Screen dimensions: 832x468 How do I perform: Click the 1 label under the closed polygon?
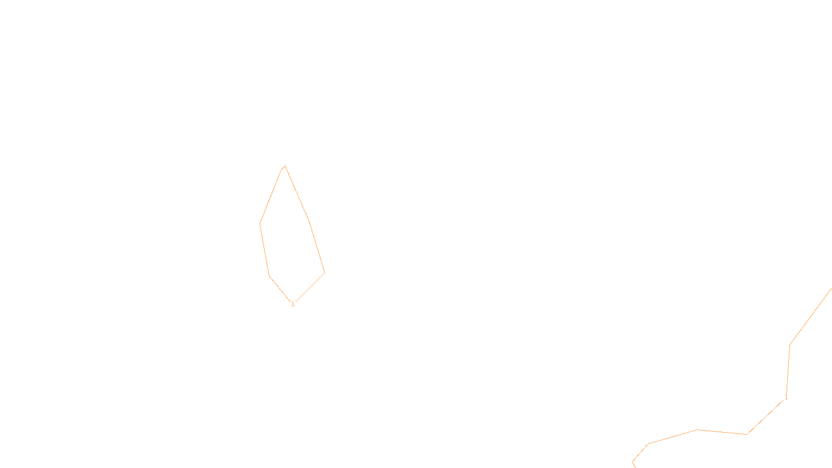(x=293, y=304)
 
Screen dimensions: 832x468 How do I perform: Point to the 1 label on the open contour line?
(x=786, y=397)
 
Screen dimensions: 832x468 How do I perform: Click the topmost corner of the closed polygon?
(x=285, y=166)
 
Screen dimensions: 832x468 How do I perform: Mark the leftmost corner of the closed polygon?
(x=260, y=224)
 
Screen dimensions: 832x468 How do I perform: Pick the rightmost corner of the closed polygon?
(x=324, y=272)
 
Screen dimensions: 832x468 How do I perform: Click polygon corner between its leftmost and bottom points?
(x=269, y=276)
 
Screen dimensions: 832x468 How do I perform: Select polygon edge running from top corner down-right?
(x=297, y=193)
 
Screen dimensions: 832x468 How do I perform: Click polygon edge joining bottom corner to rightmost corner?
(x=309, y=288)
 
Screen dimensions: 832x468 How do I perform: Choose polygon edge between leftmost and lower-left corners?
(x=265, y=250)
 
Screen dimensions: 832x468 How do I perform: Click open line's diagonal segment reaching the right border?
(x=811, y=317)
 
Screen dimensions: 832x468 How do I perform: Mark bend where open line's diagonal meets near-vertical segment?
(x=790, y=345)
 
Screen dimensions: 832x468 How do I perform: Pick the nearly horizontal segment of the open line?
(x=722, y=432)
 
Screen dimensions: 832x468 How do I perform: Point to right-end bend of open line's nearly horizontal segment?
(x=747, y=434)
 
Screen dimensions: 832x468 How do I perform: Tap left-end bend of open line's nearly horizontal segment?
(x=697, y=430)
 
